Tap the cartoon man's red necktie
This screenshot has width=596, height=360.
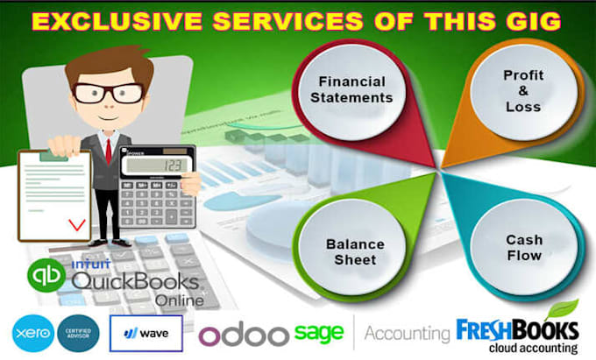109,150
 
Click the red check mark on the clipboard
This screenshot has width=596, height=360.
78,224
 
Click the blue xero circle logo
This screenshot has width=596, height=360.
32,333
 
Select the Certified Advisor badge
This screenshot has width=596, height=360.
82,333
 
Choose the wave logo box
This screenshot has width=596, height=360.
146,333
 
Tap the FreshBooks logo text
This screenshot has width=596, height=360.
517,332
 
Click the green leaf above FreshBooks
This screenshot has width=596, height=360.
562,309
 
